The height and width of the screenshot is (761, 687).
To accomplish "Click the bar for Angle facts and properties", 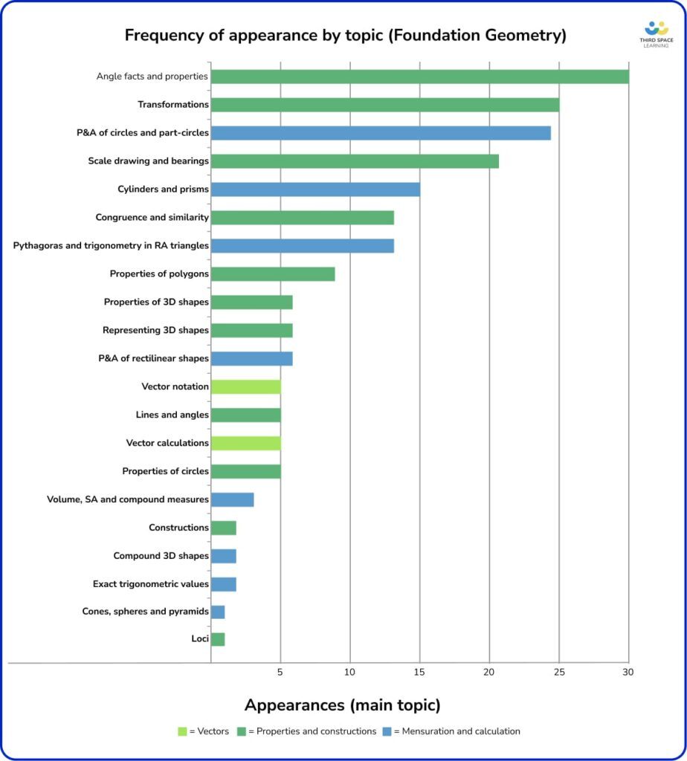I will click(x=419, y=77).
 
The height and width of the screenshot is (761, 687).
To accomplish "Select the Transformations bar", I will click(x=384, y=105).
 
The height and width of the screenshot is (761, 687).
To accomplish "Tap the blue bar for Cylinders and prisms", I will click(x=315, y=190).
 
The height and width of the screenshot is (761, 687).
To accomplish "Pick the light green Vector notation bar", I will click(x=245, y=386).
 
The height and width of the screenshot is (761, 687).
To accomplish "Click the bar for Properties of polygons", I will click(x=273, y=274).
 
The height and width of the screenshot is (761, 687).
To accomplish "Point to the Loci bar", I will click(x=218, y=639).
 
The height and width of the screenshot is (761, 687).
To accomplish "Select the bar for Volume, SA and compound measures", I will click(x=232, y=499).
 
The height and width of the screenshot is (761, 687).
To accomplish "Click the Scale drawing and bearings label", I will click(x=148, y=161).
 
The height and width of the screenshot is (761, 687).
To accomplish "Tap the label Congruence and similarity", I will click(x=152, y=218).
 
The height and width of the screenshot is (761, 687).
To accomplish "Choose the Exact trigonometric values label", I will click(x=150, y=584).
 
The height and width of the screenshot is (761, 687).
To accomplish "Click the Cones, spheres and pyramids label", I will click(x=145, y=612).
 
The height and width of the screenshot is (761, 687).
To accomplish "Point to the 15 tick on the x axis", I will click(x=419, y=672).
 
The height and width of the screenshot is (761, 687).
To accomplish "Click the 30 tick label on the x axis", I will click(x=628, y=672).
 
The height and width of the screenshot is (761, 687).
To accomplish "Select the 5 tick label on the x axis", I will click(x=280, y=672).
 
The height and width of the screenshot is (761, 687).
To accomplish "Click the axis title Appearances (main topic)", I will click(x=343, y=705).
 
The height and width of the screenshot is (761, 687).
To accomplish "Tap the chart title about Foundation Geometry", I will click(x=345, y=35).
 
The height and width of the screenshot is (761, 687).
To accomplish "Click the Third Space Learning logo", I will click(x=656, y=33).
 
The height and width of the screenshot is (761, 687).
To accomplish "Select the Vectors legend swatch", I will click(x=182, y=731).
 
